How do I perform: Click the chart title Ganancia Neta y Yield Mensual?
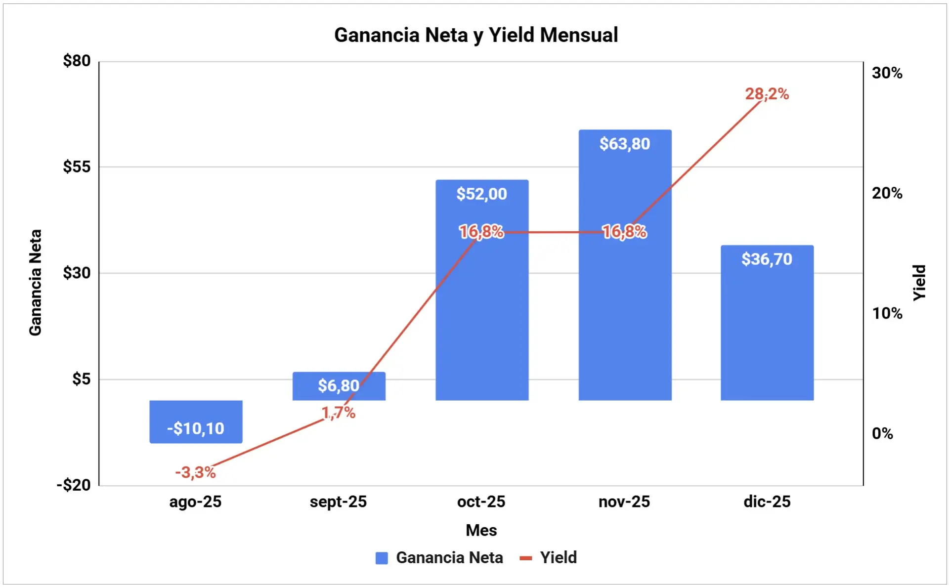click(x=475, y=35)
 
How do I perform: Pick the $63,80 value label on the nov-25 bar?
click(x=624, y=144)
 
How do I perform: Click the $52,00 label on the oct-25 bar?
click(x=481, y=194)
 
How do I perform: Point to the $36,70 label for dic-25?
click(x=767, y=259)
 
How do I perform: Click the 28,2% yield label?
click(x=767, y=94)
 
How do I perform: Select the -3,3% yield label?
click(x=195, y=472)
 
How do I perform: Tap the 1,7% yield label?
click(x=339, y=413)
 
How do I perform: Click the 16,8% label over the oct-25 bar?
click(x=481, y=231)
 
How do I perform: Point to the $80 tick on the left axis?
click(x=77, y=61)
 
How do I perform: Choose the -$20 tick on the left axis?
click(x=74, y=485)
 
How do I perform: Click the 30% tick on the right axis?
click(x=887, y=73)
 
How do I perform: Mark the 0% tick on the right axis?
click(x=882, y=433)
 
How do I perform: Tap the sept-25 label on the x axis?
click(x=338, y=502)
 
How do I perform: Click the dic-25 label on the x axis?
click(x=767, y=502)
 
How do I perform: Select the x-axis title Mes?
click(x=481, y=530)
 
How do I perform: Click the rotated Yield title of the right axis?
click(x=919, y=282)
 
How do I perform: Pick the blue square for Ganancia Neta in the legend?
click(x=382, y=558)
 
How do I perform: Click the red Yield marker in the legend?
click(x=526, y=558)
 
